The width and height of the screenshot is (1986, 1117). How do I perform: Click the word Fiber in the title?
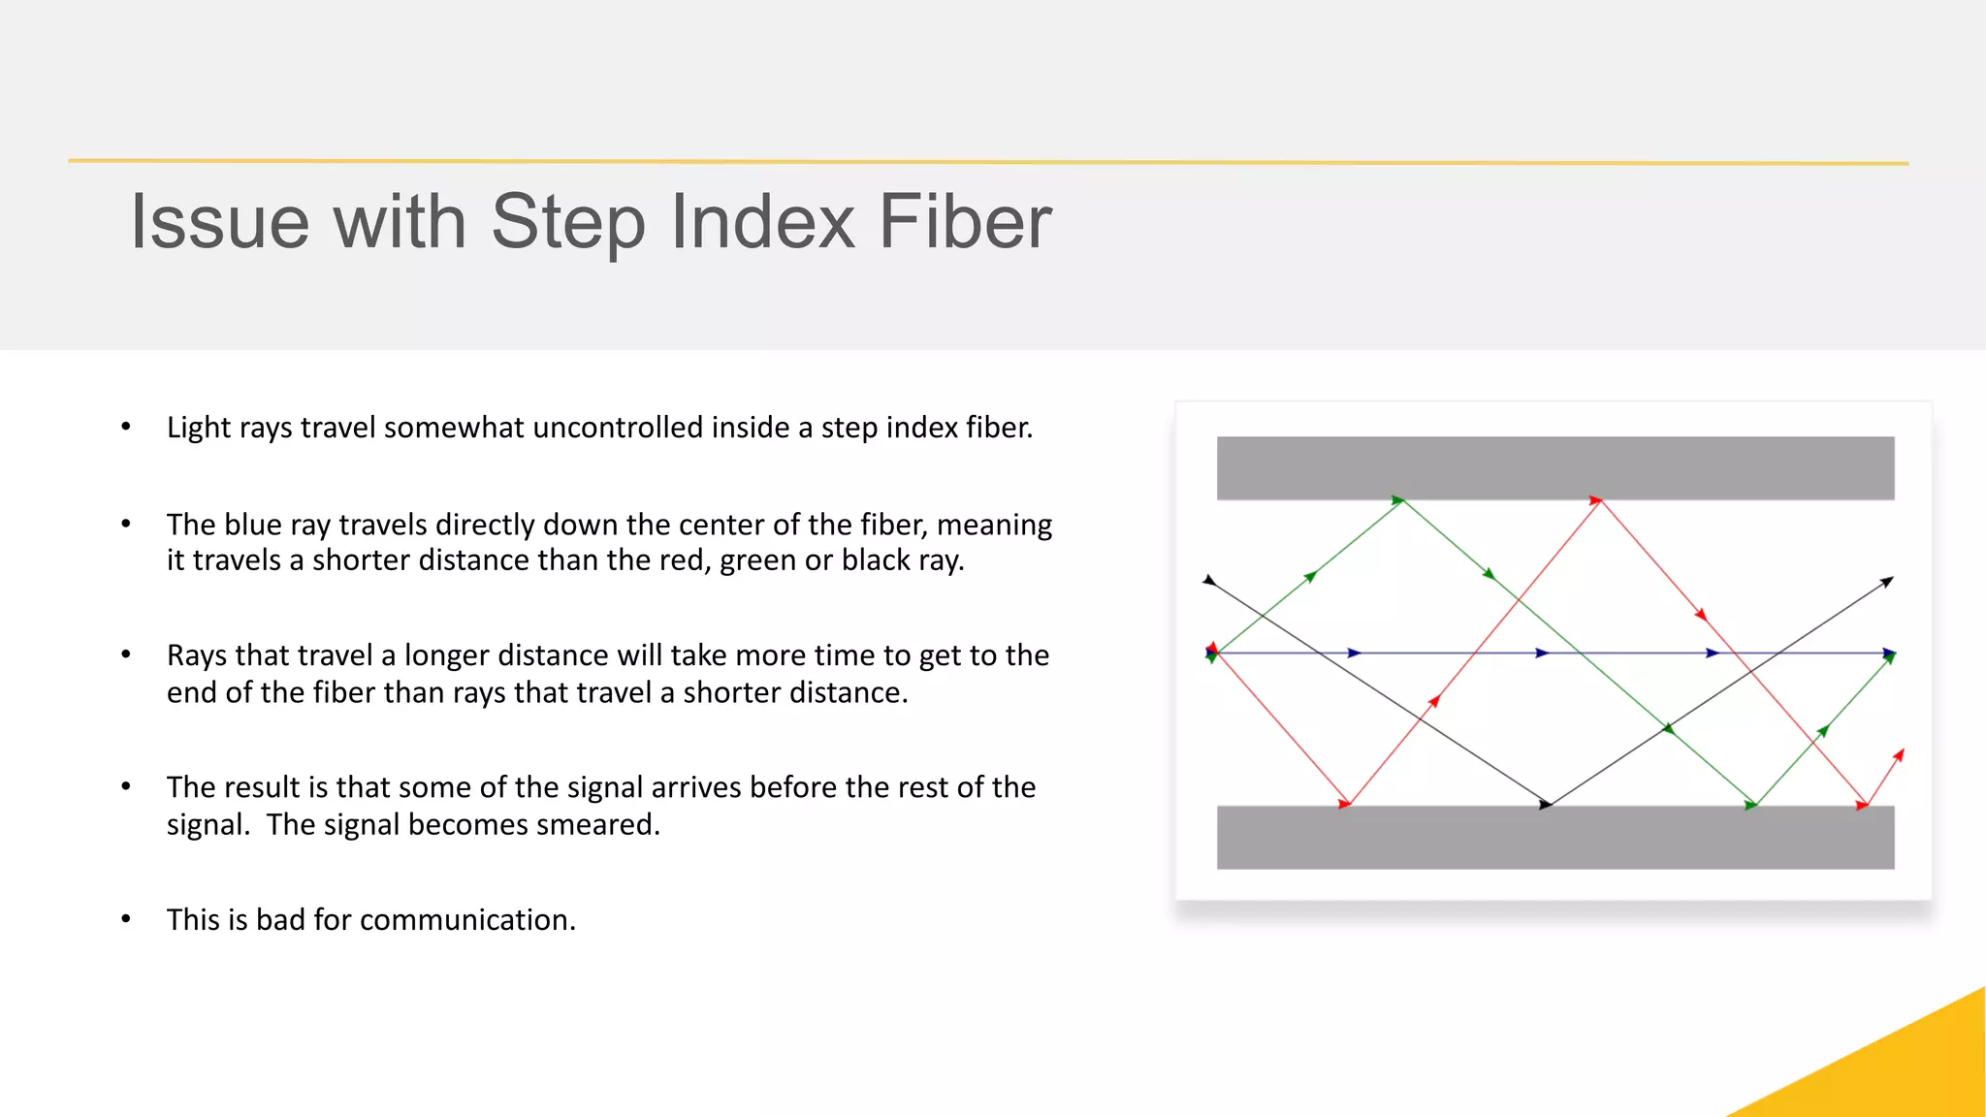pos(965,222)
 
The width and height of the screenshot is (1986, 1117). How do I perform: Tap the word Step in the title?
pos(567,222)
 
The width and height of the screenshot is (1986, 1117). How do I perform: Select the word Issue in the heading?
pos(220,222)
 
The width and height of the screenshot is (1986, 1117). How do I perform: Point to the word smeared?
pos(597,824)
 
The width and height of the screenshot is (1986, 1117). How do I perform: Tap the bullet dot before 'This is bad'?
pos(126,919)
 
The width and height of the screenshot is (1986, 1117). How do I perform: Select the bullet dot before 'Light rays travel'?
pos(126,428)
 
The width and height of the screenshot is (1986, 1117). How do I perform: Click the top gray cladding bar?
pos(1554,468)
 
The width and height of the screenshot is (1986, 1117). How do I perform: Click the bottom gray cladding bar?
pos(1554,837)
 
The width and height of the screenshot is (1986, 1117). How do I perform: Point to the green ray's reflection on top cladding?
pos(1401,500)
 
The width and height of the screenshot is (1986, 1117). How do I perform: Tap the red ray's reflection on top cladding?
pos(1598,500)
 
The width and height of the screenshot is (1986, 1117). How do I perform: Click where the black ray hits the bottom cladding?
pos(1549,804)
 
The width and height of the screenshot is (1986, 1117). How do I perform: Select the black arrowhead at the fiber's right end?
pos(1887,582)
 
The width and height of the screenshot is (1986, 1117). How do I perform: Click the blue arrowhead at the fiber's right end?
pos(1889,654)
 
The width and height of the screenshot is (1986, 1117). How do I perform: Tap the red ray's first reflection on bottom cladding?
pos(1347,804)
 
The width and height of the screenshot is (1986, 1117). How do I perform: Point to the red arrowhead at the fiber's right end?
pos(1899,755)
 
